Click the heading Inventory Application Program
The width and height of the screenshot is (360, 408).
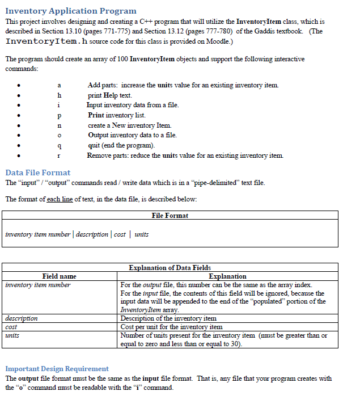(71, 11)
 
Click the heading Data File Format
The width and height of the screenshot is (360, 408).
(38, 172)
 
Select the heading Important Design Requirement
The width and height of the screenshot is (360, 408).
(57, 368)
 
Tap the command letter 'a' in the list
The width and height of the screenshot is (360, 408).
(60, 85)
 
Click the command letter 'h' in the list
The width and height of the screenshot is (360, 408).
(60, 95)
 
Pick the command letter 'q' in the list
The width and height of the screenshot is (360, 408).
(60, 145)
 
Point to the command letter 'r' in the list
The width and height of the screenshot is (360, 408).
(60, 155)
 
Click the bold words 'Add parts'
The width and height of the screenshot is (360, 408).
(103, 85)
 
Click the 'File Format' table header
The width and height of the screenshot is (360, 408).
(170, 216)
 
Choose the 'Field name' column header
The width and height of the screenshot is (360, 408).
(59, 276)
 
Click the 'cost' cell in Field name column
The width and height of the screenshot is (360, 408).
(11, 327)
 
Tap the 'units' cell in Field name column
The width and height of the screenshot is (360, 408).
(12, 335)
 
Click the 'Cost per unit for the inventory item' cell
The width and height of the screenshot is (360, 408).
(172, 327)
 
